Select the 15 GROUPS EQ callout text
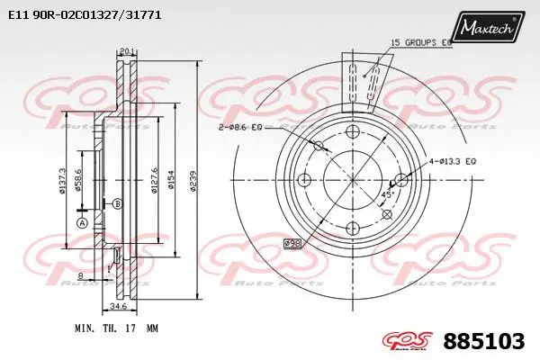(421, 42)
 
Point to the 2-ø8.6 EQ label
(239, 129)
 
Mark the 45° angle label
(387, 194)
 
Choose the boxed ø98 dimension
(292, 243)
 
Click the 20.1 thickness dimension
(126, 51)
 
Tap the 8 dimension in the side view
(80, 275)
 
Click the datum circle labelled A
(81, 223)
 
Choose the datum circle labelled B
(117, 204)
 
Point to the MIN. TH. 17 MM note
(105, 329)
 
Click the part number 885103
(484, 341)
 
